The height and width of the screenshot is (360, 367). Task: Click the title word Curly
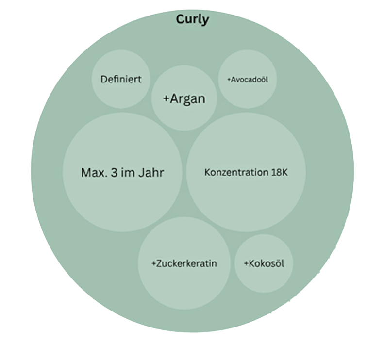tap(192, 20)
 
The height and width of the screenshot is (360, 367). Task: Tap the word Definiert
tap(121, 79)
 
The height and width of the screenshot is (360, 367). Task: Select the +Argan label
tap(184, 99)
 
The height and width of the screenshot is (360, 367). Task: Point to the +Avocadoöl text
tap(248, 79)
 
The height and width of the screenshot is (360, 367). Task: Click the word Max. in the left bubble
tap(90, 172)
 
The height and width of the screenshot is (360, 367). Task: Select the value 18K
tap(279, 172)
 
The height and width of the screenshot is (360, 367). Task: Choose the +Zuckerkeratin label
tap(184, 263)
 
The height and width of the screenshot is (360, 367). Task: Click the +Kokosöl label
tap(264, 263)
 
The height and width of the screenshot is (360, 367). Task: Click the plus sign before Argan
tap(166, 99)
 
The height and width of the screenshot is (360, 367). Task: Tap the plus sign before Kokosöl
tap(246, 264)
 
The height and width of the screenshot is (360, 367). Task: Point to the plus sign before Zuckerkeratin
tap(154, 264)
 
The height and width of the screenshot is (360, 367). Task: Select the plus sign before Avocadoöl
tap(229, 79)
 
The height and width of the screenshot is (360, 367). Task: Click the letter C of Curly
tap(179, 20)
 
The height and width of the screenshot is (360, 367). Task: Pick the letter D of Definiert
tap(103, 79)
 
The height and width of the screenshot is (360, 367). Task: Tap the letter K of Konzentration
tap(207, 172)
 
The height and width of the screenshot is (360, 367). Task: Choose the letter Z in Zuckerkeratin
tap(159, 263)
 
